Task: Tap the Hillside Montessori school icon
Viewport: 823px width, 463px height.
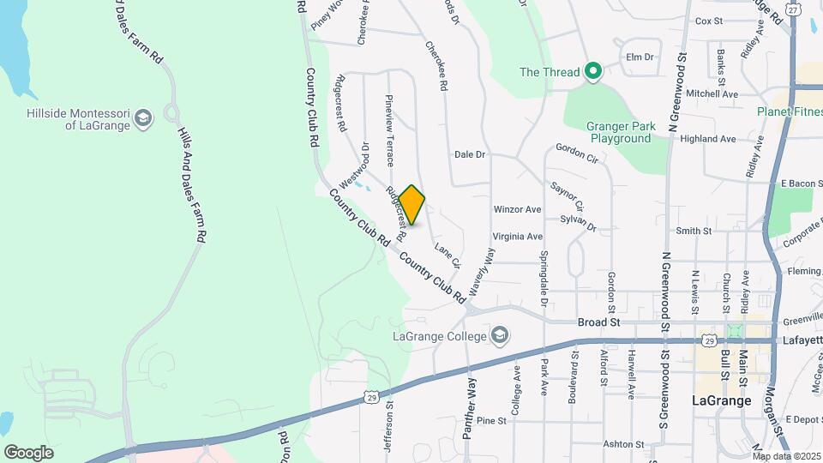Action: tap(144, 117)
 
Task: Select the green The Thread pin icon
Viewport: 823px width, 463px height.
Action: tap(592, 72)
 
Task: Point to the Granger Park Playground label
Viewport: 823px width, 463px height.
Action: tap(620, 132)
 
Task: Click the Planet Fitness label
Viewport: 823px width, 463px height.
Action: tap(790, 111)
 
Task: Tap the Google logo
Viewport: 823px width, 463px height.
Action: tap(28, 452)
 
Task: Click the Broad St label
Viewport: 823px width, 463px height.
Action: tap(598, 322)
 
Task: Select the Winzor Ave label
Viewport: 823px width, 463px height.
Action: tap(517, 209)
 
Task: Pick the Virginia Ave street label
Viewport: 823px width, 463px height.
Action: tap(517, 236)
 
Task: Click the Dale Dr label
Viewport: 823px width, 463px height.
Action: tap(470, 155)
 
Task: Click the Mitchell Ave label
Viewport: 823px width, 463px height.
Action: tap(712, 93)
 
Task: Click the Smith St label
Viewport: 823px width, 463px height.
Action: tap(694, 231)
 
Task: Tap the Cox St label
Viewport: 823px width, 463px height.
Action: tap(710, 21)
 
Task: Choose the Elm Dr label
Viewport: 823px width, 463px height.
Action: tap(640, 57)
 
